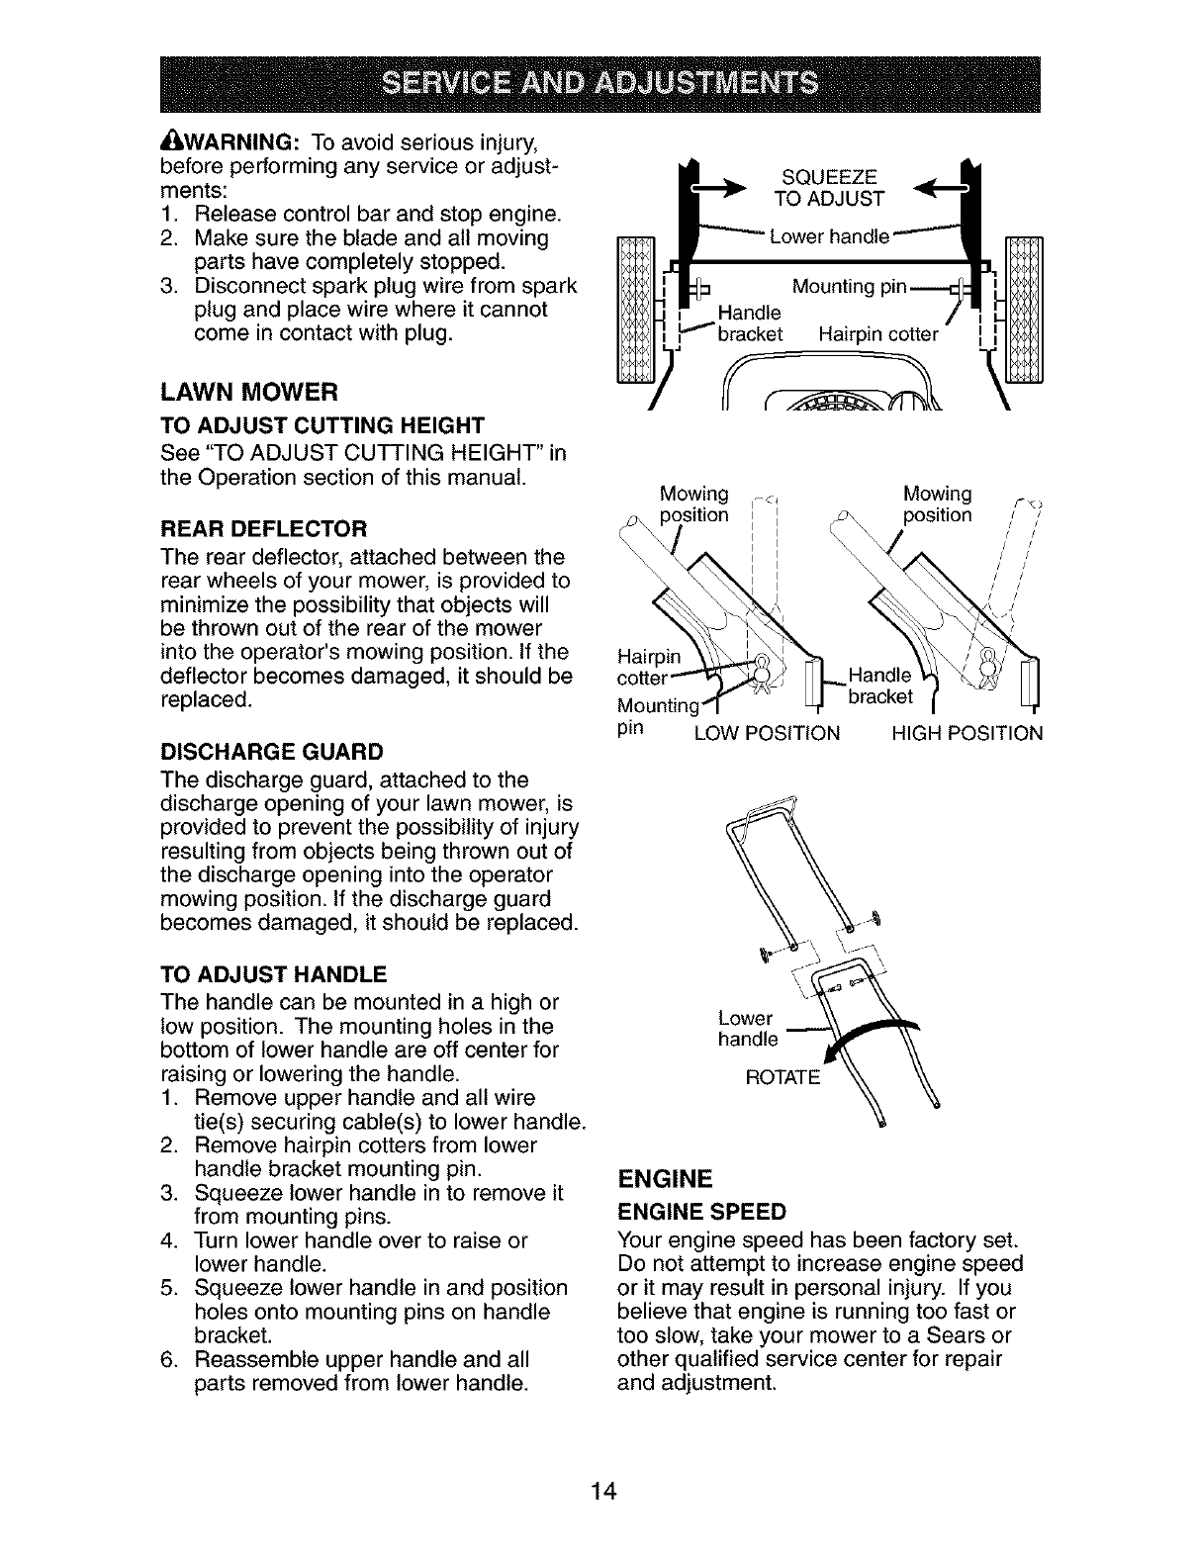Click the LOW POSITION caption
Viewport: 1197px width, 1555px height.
tap(768, 734)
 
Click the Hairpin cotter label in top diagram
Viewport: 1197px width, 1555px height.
tap(877, 334)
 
